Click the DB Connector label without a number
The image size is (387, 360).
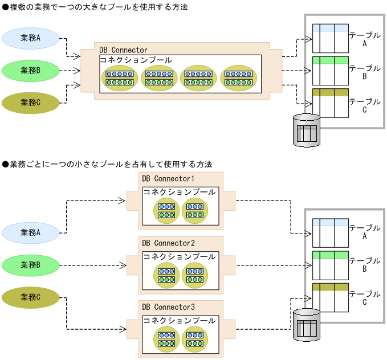tap(123, 50)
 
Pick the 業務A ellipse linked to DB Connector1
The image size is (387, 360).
tap(30, 232)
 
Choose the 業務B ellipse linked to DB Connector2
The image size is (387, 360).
tap(30, 265)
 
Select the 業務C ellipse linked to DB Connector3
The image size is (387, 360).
tap(30, 297)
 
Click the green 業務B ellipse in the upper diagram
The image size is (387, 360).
tap(30, 71)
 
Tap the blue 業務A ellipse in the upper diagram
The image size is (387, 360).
tap(30, 38)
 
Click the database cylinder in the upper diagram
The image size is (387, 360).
tap(306, 130)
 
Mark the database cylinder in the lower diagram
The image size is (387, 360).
tap(306, 324)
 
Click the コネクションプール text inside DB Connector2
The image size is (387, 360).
tap(180, 256)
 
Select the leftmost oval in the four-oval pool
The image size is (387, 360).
tap(120, 78)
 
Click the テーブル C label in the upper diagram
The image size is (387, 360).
tap(364, 105)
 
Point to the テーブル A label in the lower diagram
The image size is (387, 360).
tap(364, 232)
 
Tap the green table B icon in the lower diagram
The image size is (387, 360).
tap(331, 265)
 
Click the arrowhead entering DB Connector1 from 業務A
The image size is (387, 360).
tap(121, 201)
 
